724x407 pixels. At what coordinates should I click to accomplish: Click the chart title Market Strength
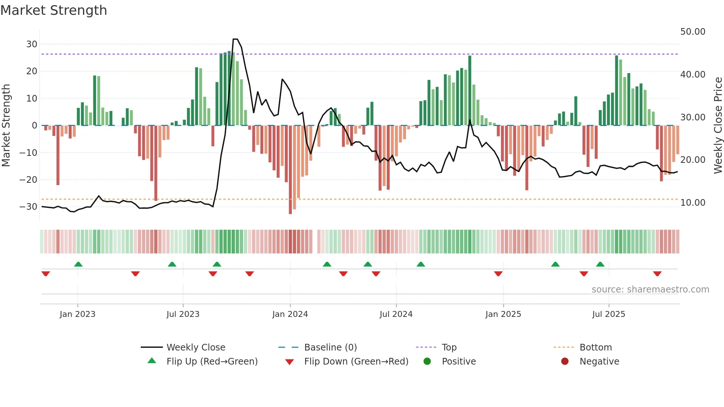point(54,10)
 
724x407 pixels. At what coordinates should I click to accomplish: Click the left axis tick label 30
point(32,44)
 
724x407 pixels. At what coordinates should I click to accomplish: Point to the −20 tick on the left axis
point(28,180)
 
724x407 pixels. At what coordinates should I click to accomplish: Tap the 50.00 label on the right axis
point(693,32)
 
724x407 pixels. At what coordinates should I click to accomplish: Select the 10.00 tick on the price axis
point(693,203)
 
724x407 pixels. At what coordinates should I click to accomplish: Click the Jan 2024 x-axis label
point(290,314)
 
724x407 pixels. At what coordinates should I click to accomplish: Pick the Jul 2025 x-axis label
point(608,314)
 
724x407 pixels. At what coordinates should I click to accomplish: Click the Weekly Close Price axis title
point(718,126)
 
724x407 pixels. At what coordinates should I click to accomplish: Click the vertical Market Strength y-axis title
point(6,126)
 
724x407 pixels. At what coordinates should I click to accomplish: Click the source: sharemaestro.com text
point(650,290)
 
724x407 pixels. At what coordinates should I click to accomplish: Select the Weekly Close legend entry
point(195,348)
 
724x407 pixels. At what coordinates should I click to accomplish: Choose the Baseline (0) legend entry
point(330,348)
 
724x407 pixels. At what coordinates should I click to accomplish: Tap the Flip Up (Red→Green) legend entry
point(212,362)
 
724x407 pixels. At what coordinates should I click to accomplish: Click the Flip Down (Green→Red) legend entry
point(356,362)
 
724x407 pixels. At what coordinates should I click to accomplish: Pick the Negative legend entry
point(599,362)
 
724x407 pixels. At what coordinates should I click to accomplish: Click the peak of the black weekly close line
point(235,39)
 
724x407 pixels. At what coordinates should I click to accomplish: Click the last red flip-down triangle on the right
point(657,274)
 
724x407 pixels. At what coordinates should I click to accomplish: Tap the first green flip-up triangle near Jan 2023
point(78,264)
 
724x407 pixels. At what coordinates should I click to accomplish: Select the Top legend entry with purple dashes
point(449,348)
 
